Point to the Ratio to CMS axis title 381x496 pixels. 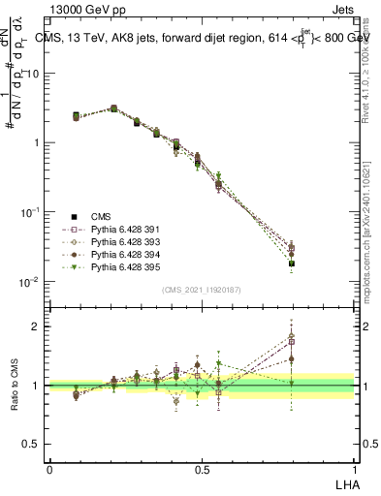click(x=16, y=386)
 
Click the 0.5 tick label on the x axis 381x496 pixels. click(x=202, y=469)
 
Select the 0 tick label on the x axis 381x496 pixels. click(x=49, y=469)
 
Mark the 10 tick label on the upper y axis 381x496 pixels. click(x=32, y=74)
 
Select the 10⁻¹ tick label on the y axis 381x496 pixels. click(x=30, y=212)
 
